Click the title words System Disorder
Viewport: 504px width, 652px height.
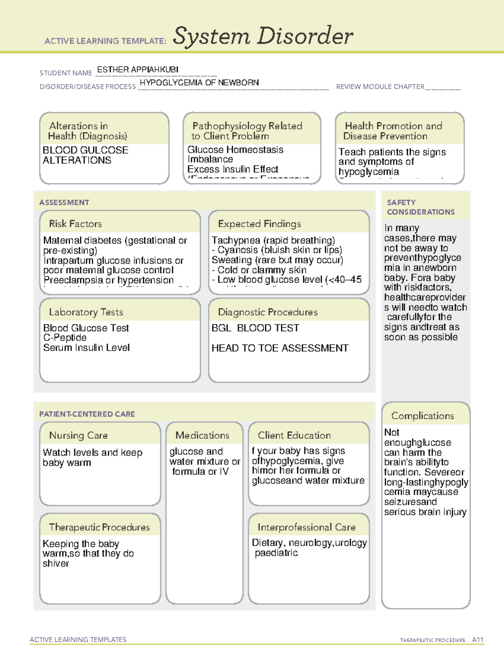[x=263, y=36]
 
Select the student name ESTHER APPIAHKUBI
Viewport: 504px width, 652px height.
[x=138, y=69]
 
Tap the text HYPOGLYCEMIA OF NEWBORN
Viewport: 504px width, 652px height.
[x=199, y=83]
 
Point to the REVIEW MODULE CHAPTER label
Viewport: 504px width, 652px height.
[x=380, y=87]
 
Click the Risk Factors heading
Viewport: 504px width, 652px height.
[x=76, y=224]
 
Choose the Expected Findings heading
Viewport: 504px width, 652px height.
[x=260, y=224]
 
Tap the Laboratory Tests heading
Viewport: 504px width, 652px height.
[x=86, y=312]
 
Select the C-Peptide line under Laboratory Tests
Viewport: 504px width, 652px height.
[x=65, y=338]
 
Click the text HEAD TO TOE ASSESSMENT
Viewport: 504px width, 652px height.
[x=280, y=348]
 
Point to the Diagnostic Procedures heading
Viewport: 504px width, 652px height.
[x=268, y=312]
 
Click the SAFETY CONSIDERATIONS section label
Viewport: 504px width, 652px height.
[x=420, y=207]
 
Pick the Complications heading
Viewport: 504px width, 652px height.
[x=423, y=416]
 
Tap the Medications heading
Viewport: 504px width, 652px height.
[x=202, y=435]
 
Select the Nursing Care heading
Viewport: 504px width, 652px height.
[x=79, y=435]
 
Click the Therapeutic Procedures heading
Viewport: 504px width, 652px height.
[x=100, y=527]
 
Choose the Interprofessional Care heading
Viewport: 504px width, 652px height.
[x=307, y=527]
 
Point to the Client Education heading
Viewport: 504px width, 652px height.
[x=294, y=435]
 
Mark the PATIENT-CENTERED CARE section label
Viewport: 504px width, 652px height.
[x=87, y=414]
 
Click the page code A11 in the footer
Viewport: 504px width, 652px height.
[x=478, y=640]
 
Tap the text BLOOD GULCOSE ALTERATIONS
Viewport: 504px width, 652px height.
[x=85, y=155]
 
